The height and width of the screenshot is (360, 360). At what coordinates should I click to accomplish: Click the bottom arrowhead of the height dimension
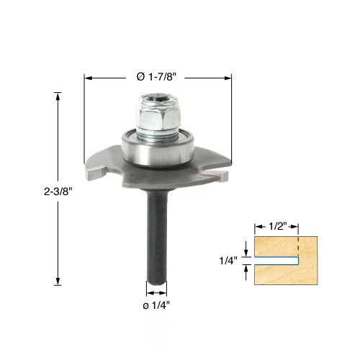pyautogui.click(x=58, y=282)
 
